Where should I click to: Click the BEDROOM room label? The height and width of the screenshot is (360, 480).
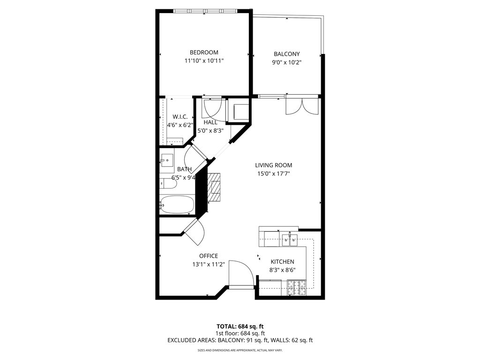click(203, 52)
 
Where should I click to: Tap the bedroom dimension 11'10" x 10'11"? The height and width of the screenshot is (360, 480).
click(203, 61)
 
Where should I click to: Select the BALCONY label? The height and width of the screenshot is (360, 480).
click(286, 54)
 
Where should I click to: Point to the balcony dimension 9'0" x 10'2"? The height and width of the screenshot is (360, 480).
click(286, 62)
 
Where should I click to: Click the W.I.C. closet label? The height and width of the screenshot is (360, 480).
click(180, 117)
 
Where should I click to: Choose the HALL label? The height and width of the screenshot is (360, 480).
click(210, 122)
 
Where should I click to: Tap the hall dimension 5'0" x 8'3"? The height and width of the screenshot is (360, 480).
click(210, 131)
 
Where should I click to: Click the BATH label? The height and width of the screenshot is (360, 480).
click(184, 169)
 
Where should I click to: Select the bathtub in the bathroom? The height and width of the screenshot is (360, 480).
click(177, 204)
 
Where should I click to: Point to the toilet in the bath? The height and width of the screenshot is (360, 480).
click(167, 184)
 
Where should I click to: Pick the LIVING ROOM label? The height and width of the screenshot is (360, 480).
click(273, 165)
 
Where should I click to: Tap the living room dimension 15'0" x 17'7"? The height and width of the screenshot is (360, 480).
click(273, 173)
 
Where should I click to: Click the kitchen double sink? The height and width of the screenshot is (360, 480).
click(289, 240)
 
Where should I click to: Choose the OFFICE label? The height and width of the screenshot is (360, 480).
click(209, 256)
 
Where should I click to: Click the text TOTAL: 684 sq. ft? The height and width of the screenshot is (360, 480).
click(240, 326)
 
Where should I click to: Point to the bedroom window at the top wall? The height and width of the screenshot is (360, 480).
click(204, 11)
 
